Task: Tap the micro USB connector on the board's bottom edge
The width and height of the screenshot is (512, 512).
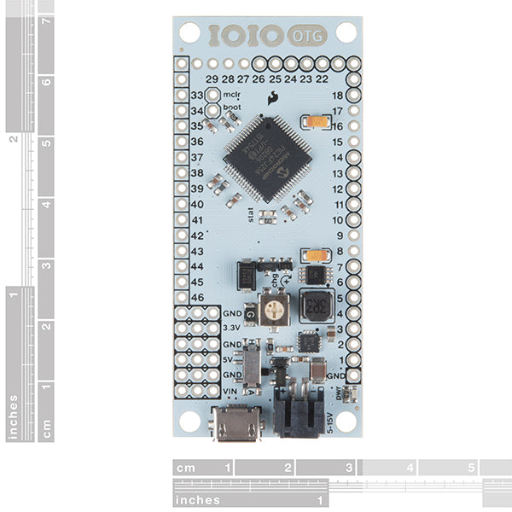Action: pyautogui.click(x=234, y=423)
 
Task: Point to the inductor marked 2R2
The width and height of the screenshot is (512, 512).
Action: pyautogui.click(x=316, y=305)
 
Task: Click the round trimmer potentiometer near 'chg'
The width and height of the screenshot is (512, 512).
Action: pyautogui.click(x=274, y=308)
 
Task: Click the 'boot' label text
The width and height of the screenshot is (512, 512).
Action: pyautogui.click(x=231, y=108)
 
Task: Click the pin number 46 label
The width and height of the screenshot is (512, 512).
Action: pyautogui.click(x=197, y=297)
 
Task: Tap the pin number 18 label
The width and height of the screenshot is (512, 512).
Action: pyautogui.click(x=337, y=96)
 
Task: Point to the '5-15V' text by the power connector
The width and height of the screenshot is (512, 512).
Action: pyautogui.click(x=331, y=422)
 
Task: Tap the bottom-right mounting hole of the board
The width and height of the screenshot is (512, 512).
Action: pyautogui.click(x=346, y=421)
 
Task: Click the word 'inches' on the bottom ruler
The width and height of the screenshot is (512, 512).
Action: pyautogui.click(x=197, y=500)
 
